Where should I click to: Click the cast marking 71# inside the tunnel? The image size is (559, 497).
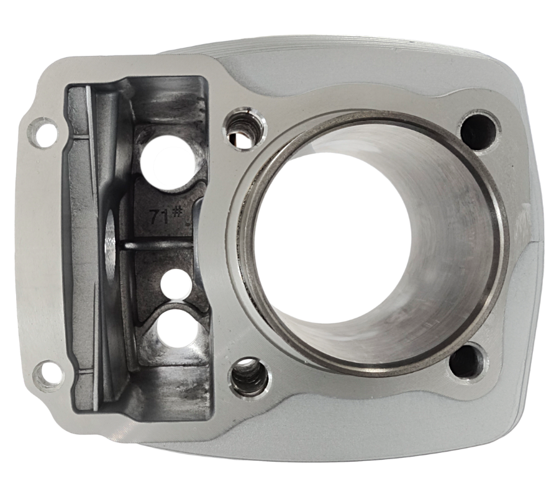coord(165,215)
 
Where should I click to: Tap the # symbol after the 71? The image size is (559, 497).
coord(177,212)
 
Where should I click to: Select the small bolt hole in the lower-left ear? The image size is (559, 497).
coord(49,375)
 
